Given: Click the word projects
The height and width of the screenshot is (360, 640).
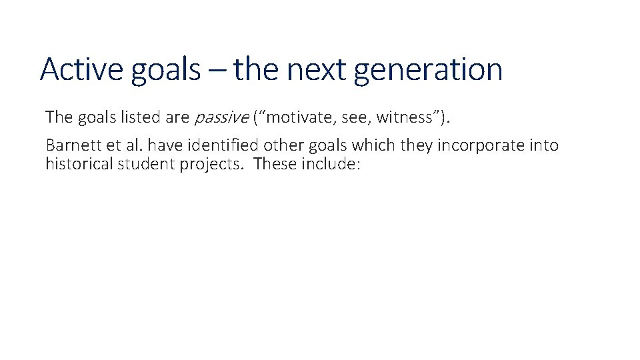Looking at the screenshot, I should (x=211, y=165).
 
